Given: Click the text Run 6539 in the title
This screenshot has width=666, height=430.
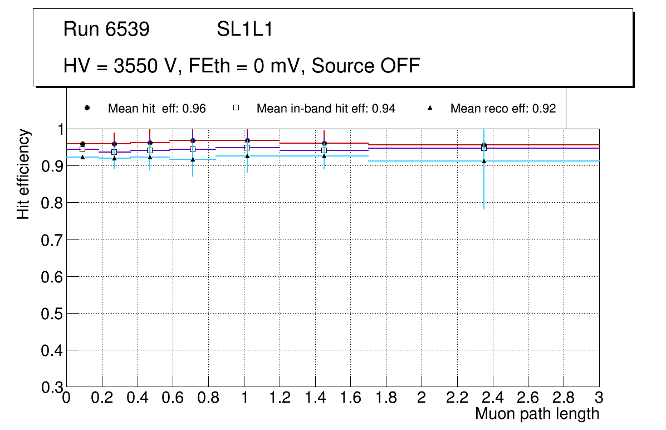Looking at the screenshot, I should coord(106,30).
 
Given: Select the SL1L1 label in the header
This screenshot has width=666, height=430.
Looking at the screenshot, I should coord(245,30).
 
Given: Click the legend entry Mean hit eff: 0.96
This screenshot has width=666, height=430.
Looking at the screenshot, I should coord(156,109).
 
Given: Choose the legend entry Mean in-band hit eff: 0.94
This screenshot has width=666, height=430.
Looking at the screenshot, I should coord(326,109).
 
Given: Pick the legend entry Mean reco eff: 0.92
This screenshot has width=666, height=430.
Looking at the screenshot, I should coord(503,109).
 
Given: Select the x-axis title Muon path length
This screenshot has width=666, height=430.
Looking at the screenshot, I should coord(537,414).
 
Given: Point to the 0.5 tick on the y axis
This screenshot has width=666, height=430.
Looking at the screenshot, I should coord(51,314).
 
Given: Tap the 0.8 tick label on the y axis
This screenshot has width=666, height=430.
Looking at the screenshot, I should coord(51,203).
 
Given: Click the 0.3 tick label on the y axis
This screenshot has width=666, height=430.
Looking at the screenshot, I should coord(51,387).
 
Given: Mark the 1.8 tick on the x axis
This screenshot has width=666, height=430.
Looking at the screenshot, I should coord(386,398).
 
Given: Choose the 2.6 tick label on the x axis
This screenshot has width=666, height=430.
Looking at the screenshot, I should coord(528,398).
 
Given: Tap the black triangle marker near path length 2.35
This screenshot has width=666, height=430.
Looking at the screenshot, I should coord(484,161).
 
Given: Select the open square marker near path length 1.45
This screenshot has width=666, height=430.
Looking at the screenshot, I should coord(324,150).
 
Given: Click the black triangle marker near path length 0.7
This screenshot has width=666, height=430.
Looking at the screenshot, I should coord(193,159).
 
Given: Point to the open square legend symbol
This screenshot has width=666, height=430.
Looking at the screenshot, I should coord(236,108).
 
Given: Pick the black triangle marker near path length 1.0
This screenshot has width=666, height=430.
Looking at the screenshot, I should coord(247,156).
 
